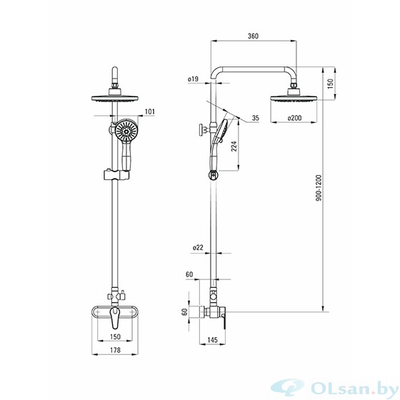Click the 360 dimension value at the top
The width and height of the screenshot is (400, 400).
[x=253, y=36]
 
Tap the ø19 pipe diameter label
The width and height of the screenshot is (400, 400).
[x=193, y=79]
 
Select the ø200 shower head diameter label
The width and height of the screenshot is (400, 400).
[x=294, y=118]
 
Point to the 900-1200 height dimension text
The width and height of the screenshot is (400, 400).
[x=319, y=188]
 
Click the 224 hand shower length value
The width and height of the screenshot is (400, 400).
[x=234, y=146]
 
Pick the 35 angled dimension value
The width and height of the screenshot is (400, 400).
[x=256, y=118]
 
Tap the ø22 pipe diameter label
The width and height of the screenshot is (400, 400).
[x=198, y=247]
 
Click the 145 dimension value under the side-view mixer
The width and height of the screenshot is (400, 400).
[x=213, y=340]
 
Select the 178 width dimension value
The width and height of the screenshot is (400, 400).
[x=115, y=350]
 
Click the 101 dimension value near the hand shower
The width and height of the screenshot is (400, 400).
[x=150, y=111]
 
